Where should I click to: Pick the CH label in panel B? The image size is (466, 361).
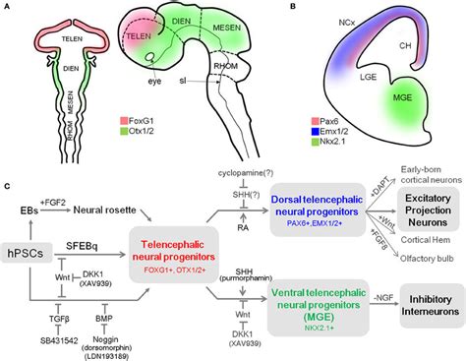(417, 42)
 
